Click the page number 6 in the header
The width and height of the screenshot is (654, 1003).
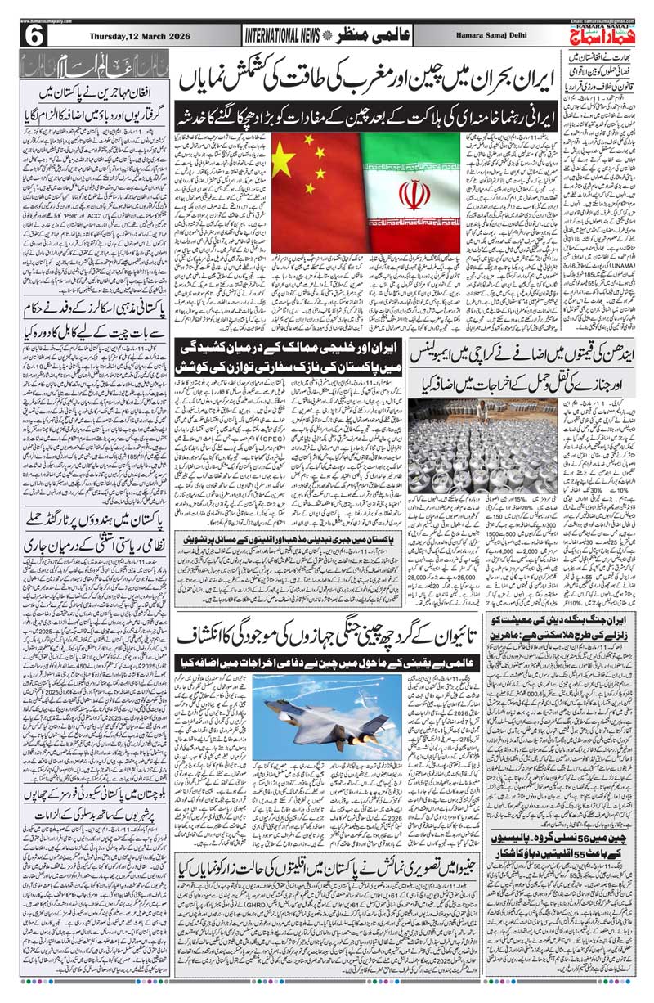[37, 36]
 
